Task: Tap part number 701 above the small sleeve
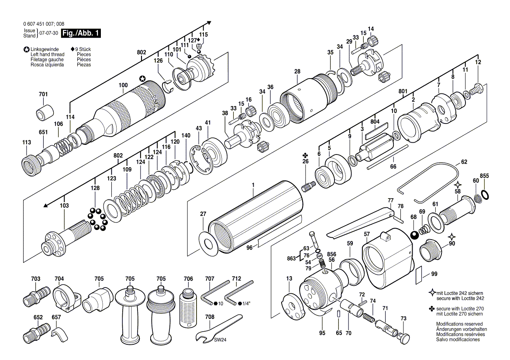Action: click(x=43, y=95)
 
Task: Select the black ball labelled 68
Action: click(x=414, y=236)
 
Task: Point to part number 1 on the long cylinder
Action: click(x=253, y=185)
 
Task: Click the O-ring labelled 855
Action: click(x=485, y=193)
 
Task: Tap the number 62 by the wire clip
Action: click(x=464, y=162)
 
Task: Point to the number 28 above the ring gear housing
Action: click(x=297, y=72)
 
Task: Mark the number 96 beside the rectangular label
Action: click(x=249, y=248)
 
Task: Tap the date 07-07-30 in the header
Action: click(x=48, y=33)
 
